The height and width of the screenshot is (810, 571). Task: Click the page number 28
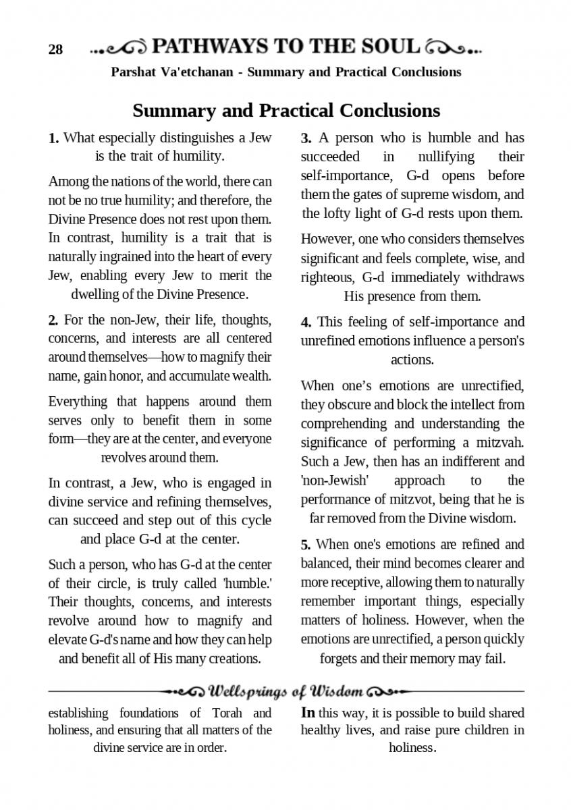(55, 49)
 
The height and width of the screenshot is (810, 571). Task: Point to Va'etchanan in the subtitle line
(197, 72)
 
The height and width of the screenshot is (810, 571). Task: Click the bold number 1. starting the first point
(53, 138)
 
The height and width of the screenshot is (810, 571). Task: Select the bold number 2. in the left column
(53, 319)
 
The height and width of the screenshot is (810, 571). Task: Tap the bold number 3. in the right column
(306, 138)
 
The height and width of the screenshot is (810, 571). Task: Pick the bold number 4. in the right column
(306, 322)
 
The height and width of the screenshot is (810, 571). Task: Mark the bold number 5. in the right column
(306, 545)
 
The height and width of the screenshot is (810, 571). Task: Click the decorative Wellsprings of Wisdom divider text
(287, 692)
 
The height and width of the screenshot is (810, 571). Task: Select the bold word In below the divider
(308, 713)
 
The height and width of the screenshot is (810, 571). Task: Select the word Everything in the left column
(78, 402)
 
